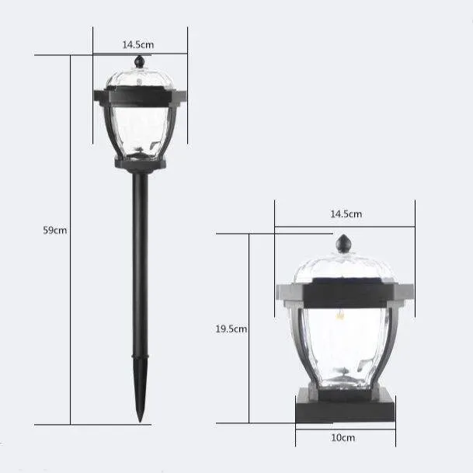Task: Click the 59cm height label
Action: coord(55,230)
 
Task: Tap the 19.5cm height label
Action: coord(231,329)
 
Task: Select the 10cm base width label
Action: coord(343,438)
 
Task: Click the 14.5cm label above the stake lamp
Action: coord(138,45)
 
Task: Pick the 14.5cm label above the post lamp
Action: coord(346,214)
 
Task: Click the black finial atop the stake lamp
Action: coord(139,61)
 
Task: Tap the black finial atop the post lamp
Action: coord(343,243)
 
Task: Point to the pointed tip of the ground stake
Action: coord(140,422)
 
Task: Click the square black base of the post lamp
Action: coord(346,405)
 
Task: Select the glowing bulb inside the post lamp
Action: coord(340,315)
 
